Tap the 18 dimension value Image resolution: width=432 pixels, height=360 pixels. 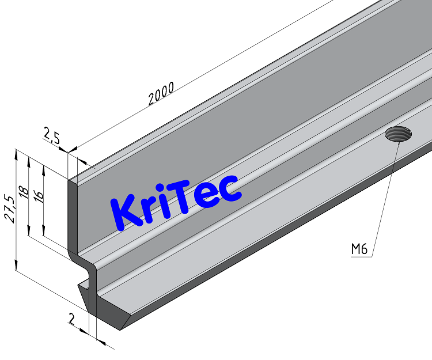pyautogui.click(x=24, y=192)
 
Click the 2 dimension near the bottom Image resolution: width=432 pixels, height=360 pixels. pyautogui.click(x=72, y=319)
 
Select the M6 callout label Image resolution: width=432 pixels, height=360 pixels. pyautogui.click(x=359, y=249)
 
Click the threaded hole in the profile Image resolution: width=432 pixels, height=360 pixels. pyautogui.click(x=399, y=135)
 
